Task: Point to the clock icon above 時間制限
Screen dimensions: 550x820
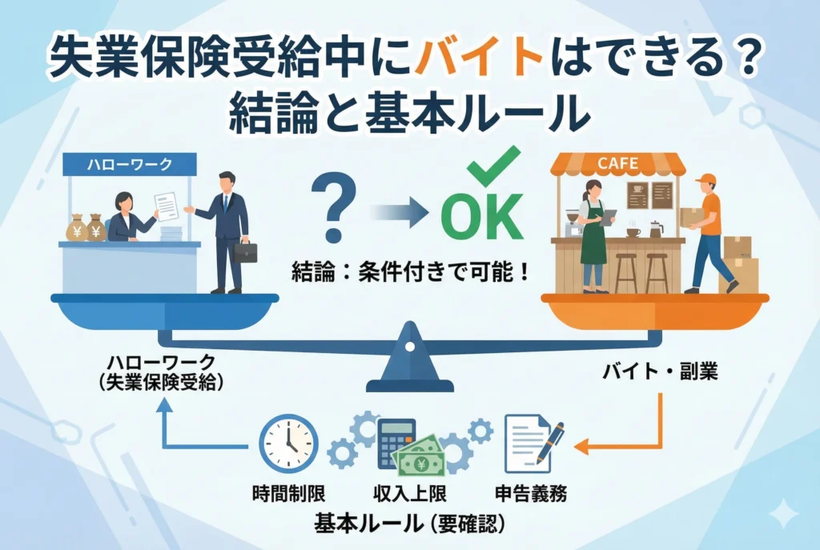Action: point(288,443)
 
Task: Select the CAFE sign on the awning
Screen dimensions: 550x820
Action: point(618,165)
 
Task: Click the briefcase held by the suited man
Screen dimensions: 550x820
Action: point(246,251)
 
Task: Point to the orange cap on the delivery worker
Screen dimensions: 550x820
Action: point(705,179)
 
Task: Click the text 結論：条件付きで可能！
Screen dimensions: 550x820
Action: point(409,272)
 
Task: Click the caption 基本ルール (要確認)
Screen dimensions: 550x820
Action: point(409,524)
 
